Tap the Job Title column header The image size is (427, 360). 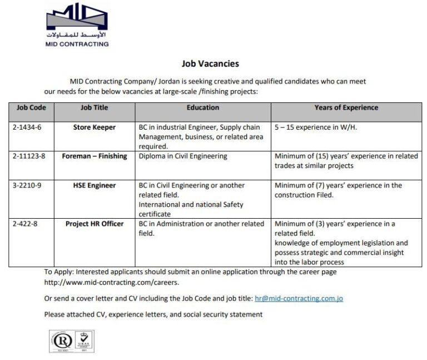click(94, 107)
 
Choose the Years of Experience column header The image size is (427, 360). click(346, 107)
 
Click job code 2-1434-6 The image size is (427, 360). click(27, 127)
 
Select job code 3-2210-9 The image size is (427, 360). click(28, 185)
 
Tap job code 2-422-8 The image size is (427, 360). click(26, 224)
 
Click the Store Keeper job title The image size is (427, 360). click(95, 127)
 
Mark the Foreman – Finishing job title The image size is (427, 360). click(95, 156)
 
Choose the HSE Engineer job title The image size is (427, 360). click(95, 185)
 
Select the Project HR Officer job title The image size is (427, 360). click(95, 224)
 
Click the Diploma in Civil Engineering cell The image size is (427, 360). click(183, 156)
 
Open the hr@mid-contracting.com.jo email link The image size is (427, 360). click(298, 298)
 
